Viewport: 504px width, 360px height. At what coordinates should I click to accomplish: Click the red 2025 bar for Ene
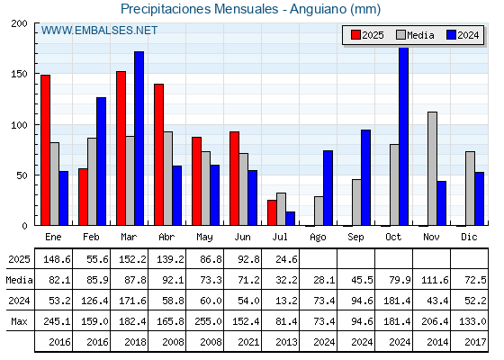coord(45,150)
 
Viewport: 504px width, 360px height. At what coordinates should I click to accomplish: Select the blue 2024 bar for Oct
coord(404,136)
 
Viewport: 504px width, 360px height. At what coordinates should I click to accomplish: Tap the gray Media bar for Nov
coord(432,169)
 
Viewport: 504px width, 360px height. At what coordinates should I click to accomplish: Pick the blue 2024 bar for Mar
coord(139,139)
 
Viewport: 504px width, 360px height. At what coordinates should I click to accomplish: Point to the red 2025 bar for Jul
coord(272,212)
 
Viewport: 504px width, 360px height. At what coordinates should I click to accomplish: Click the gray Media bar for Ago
coord(319,211)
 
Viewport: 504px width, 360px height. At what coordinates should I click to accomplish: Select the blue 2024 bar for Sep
coord(365,177)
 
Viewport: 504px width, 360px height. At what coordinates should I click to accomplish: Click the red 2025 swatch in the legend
coord(355,35)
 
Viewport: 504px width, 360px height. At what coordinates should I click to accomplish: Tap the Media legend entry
coord(415,35)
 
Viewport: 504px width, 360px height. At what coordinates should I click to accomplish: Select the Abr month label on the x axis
coord(166,238)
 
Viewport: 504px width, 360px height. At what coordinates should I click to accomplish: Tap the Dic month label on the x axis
coord(469,238)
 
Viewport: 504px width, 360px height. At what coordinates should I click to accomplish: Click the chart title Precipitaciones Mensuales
coord(200,9)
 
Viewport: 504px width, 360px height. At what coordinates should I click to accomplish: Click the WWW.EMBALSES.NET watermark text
coord(99,31)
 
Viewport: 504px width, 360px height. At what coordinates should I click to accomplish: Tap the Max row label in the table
coord(19,321)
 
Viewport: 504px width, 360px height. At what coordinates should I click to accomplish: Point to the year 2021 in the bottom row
coord(248,342)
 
